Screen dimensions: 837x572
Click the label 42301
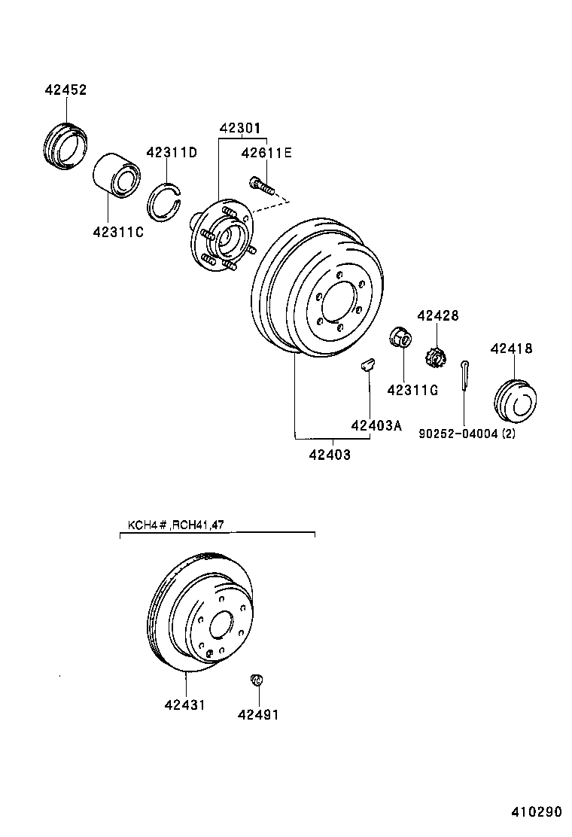[242, 129]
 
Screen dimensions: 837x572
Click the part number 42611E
[266, 154]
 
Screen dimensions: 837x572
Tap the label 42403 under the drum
[329, 455]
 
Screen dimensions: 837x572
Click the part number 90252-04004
[467, 434]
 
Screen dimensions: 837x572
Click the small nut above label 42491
[256, 680]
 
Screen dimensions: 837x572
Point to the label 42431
[185, 705]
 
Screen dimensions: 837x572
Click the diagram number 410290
[537, 813]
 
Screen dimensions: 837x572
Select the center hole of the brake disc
[221, 624]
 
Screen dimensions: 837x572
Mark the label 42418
[511, 348]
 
